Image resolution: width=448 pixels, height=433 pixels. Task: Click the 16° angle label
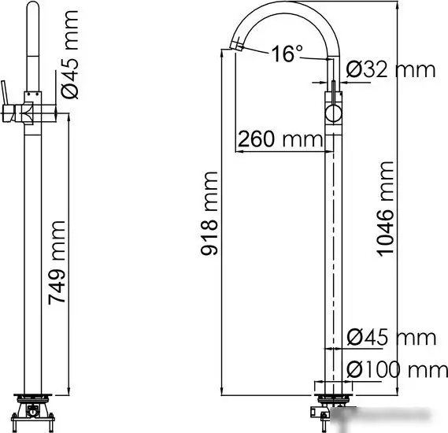(x=287, y=54)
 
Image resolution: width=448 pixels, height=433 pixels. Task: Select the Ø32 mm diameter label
(x=390, y=69)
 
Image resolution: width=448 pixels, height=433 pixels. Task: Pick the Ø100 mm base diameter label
(x=391, y=368)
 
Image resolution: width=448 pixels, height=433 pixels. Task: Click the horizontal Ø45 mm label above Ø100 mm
(x=391, y=337)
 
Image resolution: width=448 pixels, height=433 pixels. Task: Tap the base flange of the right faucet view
(x=333, y=386)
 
